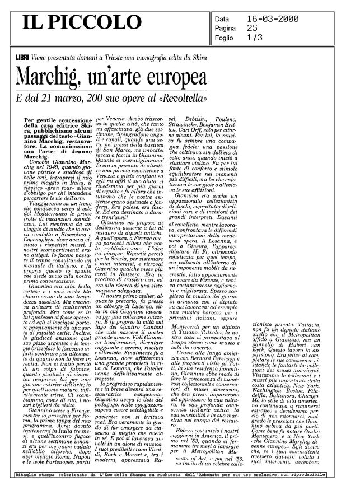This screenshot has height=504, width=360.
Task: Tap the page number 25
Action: coord(253,27)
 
